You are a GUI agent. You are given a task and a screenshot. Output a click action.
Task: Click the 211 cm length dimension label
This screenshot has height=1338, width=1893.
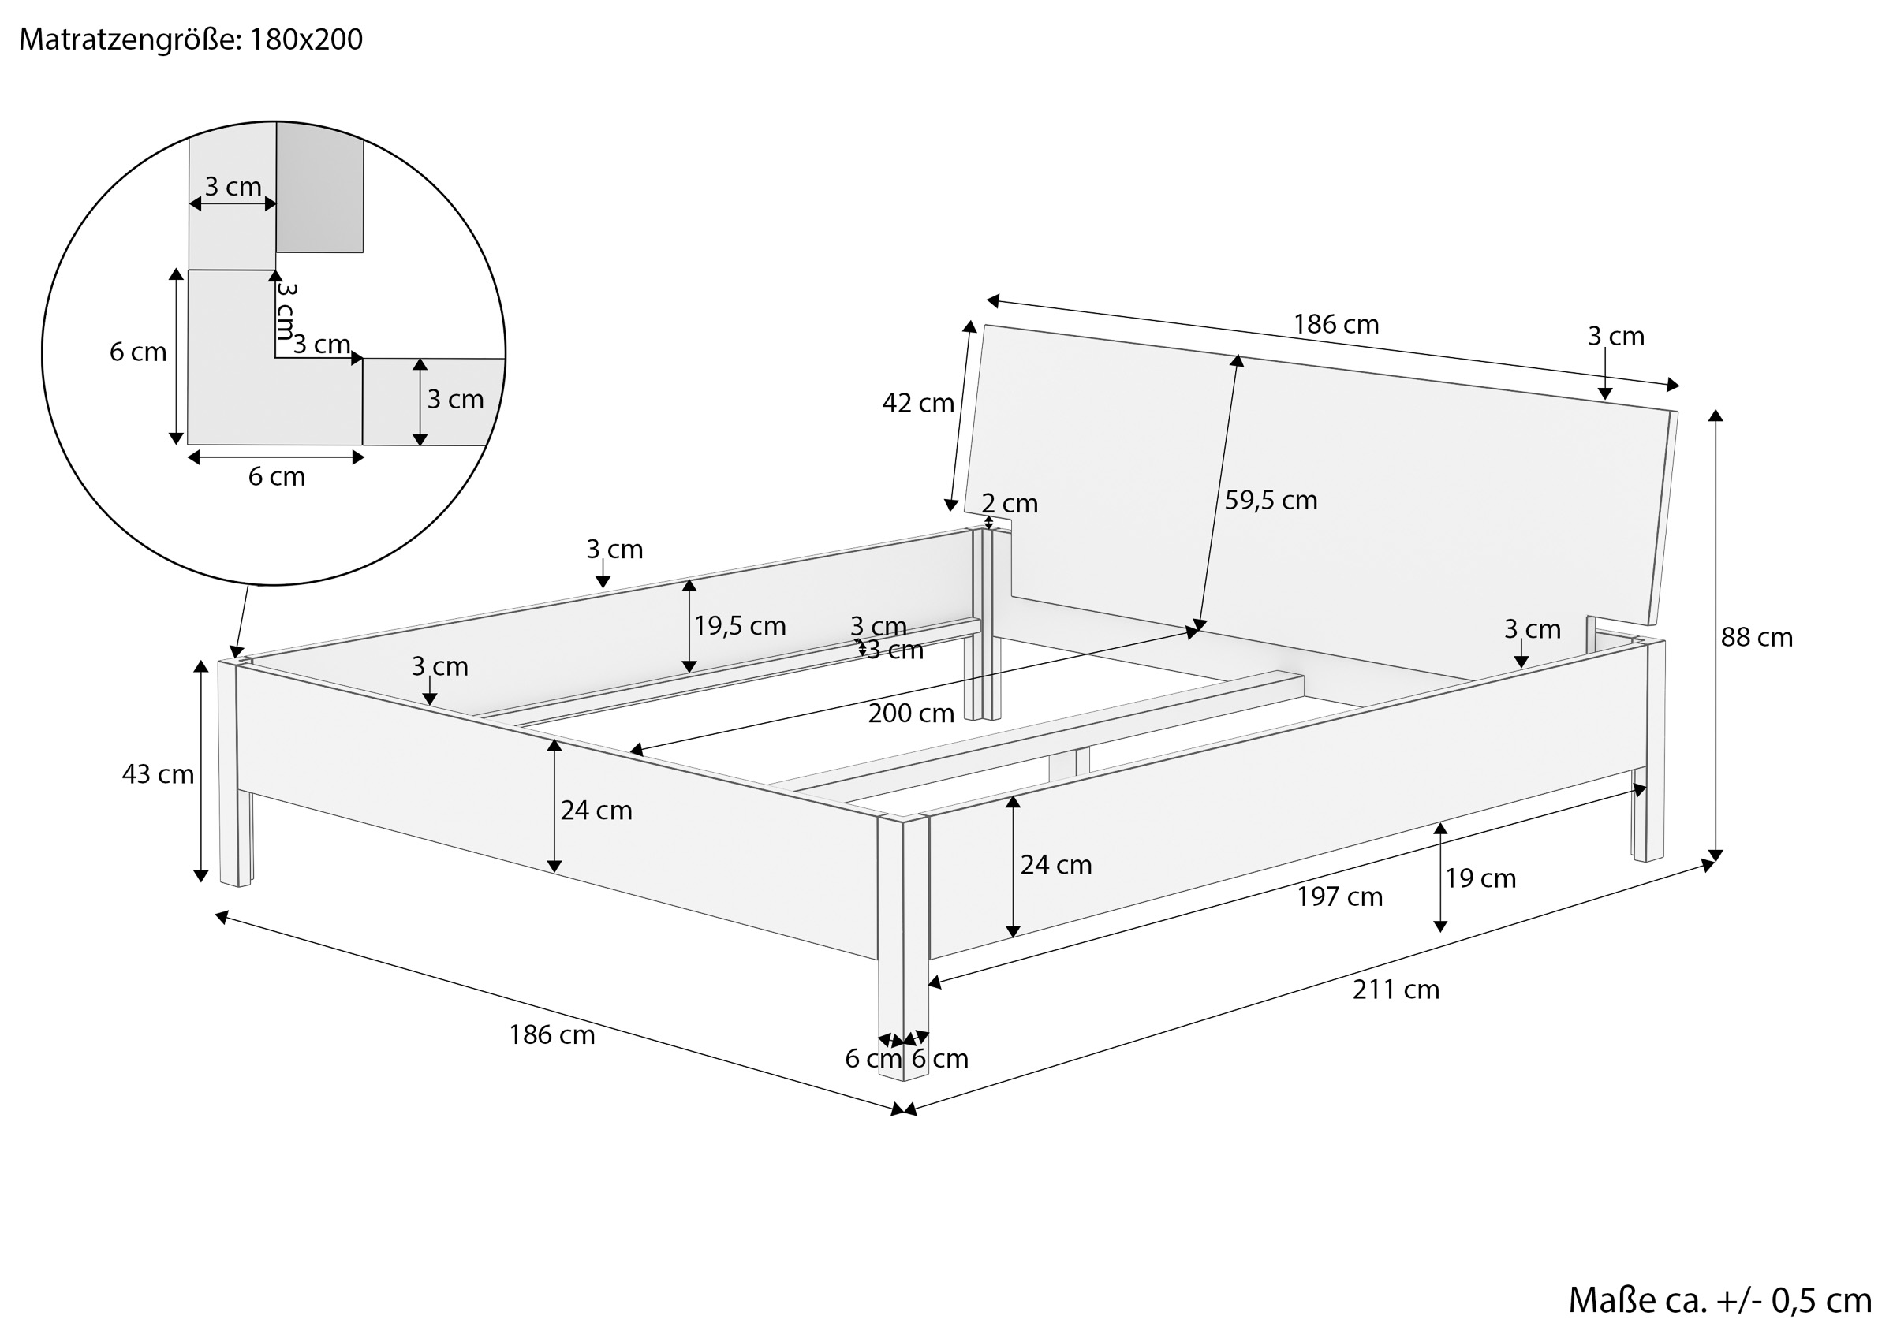pos(1395,990)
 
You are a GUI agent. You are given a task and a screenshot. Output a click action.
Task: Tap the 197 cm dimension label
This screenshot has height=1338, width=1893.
pos(1339,897)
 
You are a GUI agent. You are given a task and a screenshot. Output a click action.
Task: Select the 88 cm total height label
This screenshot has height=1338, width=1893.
pos(1756,637)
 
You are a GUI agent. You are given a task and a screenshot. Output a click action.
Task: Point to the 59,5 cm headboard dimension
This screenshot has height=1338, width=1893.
pos(1271,501)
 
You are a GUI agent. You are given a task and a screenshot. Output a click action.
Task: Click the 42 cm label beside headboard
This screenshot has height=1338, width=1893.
pos(917,403)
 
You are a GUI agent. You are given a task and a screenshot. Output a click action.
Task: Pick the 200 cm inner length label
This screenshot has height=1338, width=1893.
pos(910,713)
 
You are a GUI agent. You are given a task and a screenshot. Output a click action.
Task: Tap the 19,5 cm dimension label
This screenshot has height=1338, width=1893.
pos(740,627)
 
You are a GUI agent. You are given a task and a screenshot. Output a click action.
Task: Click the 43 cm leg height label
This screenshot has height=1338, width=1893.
pos(158,774)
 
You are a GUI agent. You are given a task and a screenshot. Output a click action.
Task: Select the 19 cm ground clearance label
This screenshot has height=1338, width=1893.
pos(1480,879)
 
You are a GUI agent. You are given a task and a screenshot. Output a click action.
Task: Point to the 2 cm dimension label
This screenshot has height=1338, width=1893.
pos(1009,503)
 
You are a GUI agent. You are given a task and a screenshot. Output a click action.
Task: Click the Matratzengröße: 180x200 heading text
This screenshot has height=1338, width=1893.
pos(190,39)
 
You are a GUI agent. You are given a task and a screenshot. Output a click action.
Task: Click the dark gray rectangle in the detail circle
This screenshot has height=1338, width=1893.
pos(319,188)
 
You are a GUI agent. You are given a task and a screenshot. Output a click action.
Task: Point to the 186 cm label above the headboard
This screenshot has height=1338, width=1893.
pos(1335,325)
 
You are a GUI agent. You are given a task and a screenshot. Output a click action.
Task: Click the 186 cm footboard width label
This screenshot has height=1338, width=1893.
pos(551,1035)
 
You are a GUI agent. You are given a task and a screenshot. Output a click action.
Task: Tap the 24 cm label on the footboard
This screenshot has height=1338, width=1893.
pos(596,811)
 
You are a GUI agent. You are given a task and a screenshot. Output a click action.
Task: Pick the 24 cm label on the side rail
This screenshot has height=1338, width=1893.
pos(1055,866)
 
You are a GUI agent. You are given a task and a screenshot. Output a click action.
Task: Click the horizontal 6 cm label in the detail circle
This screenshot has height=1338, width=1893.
pos(276,477)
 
